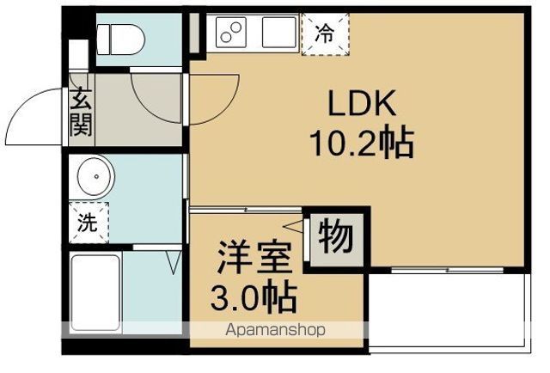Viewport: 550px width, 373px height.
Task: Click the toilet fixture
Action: pos(120,40)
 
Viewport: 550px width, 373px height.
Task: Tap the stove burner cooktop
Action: pos(231,32)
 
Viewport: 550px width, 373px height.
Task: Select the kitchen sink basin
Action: pos(278,32)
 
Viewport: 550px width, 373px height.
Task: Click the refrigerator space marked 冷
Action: pos(325,34)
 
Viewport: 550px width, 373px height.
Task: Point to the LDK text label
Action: pos(361,103)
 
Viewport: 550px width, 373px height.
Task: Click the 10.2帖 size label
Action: pos(361,143)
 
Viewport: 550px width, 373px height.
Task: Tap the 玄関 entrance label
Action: pos(81,113)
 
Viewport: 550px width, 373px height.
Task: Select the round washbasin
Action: pos(96,176)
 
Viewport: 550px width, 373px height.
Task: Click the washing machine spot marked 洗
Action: pos(89,222)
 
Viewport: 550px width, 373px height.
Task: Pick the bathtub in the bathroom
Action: pos(95,293)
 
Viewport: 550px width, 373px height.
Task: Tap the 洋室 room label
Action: pos(254,258)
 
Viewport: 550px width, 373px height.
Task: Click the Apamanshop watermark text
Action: pos(275,330)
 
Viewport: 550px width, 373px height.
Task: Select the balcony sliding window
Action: pos(447,270)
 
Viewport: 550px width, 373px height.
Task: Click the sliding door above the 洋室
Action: pos(246,210)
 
